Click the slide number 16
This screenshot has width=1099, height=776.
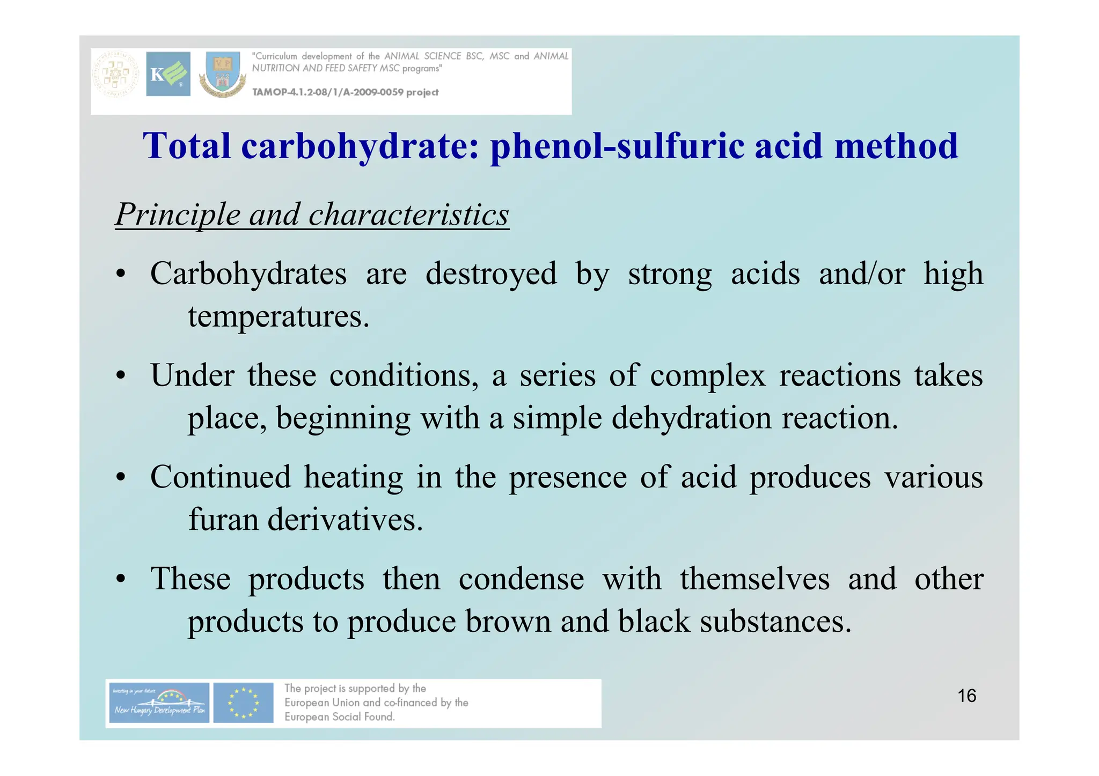point(966,696)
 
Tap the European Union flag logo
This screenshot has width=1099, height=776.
point(243,703)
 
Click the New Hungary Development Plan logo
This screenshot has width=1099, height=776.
point(158,703)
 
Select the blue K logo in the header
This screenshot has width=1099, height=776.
point(168,74)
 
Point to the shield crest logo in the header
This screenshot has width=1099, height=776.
point(223,75)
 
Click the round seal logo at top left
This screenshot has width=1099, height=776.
point(116,75)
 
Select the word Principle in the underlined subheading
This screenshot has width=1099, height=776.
point(178,215)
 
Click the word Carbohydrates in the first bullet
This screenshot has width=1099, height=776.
point(248,274)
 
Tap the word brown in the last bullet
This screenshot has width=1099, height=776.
point(508,622)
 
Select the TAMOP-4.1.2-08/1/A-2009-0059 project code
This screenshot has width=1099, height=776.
point(345,92)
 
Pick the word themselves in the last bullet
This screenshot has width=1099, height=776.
point(754,579)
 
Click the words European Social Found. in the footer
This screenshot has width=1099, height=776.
point(339,717)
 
